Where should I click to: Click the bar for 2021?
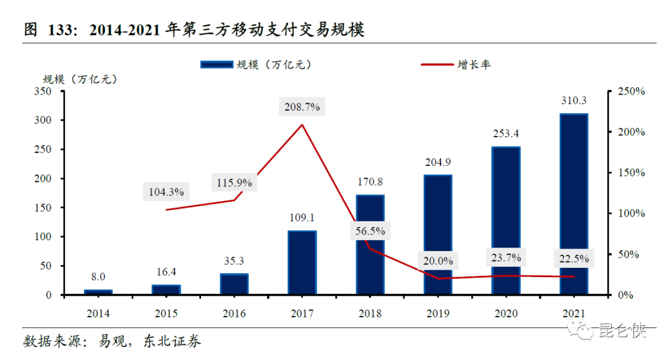573,204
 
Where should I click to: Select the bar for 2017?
302,263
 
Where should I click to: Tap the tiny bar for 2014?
98,292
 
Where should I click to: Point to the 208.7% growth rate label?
302,107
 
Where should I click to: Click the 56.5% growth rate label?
370,231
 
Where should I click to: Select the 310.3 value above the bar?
573,101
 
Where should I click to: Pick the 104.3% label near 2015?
166,192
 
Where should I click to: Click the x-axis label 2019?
438,313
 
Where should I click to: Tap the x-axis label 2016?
234,313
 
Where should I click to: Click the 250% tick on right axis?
631,92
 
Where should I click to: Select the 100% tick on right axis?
631,213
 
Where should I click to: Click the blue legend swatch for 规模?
216,64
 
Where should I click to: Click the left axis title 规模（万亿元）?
79,79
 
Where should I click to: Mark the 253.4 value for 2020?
505,134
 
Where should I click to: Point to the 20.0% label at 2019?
438,261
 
